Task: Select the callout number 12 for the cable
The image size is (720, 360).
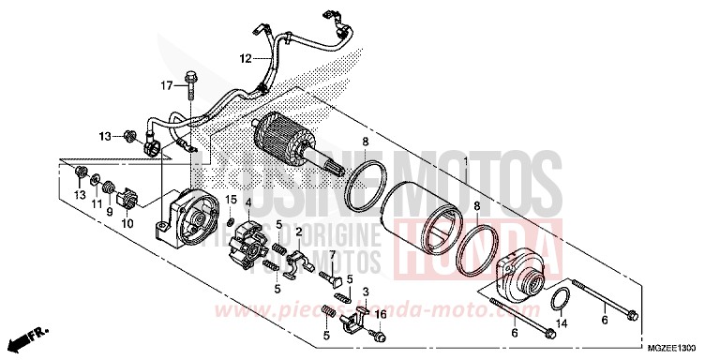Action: coord(245,58)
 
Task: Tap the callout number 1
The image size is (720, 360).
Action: coord(464,162)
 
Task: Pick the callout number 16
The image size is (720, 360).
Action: coord(381,314)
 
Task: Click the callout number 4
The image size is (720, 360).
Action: coord(247,202)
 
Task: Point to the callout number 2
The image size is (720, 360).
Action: coord(297,231)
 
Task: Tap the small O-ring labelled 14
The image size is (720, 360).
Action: coord(559,299)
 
